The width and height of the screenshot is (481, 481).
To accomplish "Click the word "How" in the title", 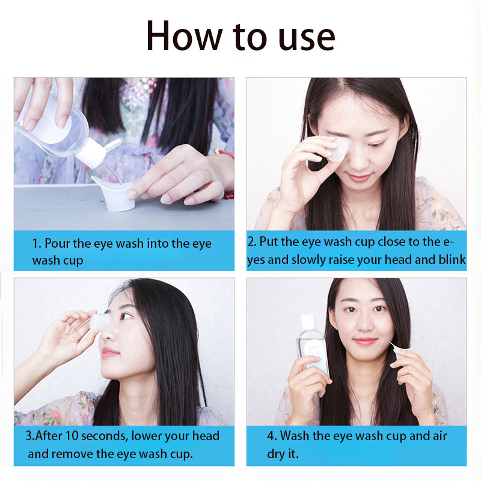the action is coord(184,35).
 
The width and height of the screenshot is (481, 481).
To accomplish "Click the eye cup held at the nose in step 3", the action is coord(100,322).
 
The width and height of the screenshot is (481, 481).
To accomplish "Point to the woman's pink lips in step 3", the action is coord(108,352).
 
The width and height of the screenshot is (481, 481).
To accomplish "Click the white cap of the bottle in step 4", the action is coord(307,322).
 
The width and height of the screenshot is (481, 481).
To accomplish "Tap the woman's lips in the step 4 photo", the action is coord(365,341).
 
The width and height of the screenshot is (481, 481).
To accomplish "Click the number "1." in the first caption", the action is coord(37,244).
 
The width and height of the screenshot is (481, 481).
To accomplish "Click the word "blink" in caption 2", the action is coord(452,260).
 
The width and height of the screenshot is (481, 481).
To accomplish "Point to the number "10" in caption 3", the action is coord(72,436).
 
